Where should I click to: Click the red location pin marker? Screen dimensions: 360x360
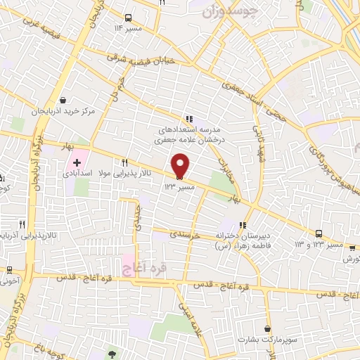tap(181, 165)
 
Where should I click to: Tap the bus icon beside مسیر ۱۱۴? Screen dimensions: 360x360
tap(127, 18)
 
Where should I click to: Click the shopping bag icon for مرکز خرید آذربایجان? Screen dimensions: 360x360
tap(63, 101)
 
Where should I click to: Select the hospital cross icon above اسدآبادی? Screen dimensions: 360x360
tap(77, 162)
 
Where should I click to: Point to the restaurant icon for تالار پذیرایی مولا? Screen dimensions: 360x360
tap(124, 162)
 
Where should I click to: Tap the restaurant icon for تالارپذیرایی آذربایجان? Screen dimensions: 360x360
tap(22, 225)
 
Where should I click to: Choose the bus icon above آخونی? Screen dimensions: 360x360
tap(10, 269)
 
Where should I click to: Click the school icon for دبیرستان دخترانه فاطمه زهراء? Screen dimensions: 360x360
tap(243, 226)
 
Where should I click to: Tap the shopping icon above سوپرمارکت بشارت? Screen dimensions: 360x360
tap(267, 328)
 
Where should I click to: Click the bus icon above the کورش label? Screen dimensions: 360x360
tap(352, 247)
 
